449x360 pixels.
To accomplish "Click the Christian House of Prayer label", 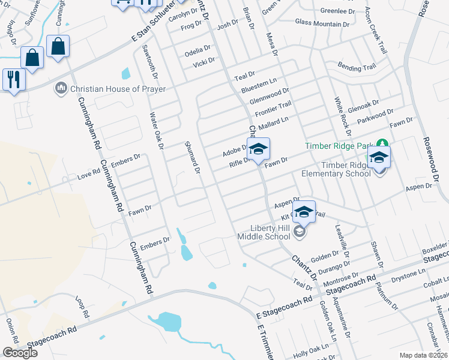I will point(118,89).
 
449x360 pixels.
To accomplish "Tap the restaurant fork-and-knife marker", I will point(13,79).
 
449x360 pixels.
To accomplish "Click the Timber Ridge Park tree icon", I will point(381,144).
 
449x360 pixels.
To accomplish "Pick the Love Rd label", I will point(89,176).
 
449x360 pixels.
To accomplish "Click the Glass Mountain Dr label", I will point(322,23).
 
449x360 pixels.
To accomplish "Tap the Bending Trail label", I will point(357,67).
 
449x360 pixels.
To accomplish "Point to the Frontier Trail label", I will point(273,109).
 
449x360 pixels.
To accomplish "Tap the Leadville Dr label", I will point(340,236).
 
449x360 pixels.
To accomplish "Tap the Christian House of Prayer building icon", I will point(61,89).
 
